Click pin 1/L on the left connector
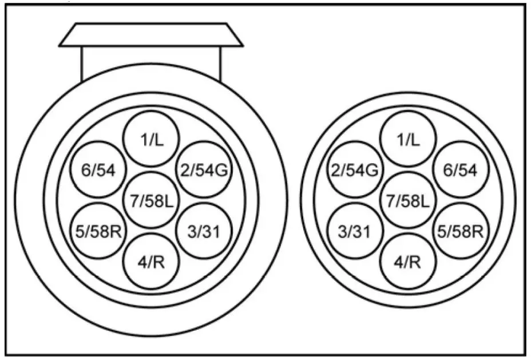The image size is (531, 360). (x=152, y=139)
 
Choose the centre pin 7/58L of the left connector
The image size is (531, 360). (x=152, y=200)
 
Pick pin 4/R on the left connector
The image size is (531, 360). (x=152, y=262)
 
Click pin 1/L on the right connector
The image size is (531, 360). (x=408, y=139)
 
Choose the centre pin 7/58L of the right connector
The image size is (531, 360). (x=408, y=200)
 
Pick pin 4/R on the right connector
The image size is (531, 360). (x=408, y=262)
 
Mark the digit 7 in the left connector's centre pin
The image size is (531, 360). (x=134, y=200)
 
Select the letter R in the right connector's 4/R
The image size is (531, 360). (x=415, y=262)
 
